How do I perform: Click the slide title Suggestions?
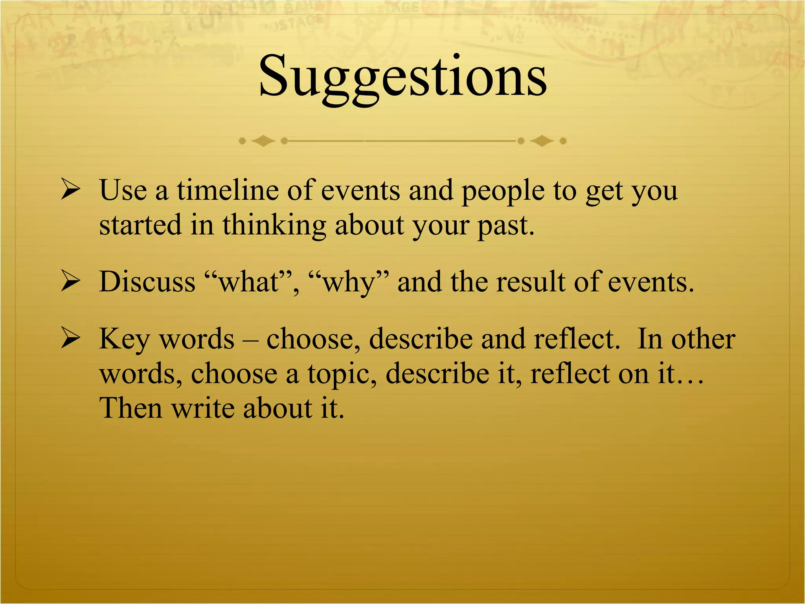(402, 77)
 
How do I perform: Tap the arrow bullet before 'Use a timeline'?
(71, 190)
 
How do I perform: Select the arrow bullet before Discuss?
(71, 282)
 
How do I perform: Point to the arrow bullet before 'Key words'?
(71, 339)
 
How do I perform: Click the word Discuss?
(147, 282)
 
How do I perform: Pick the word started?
(140, 226)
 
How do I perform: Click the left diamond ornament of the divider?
(263, 140)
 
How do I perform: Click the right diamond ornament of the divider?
(542, 140)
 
